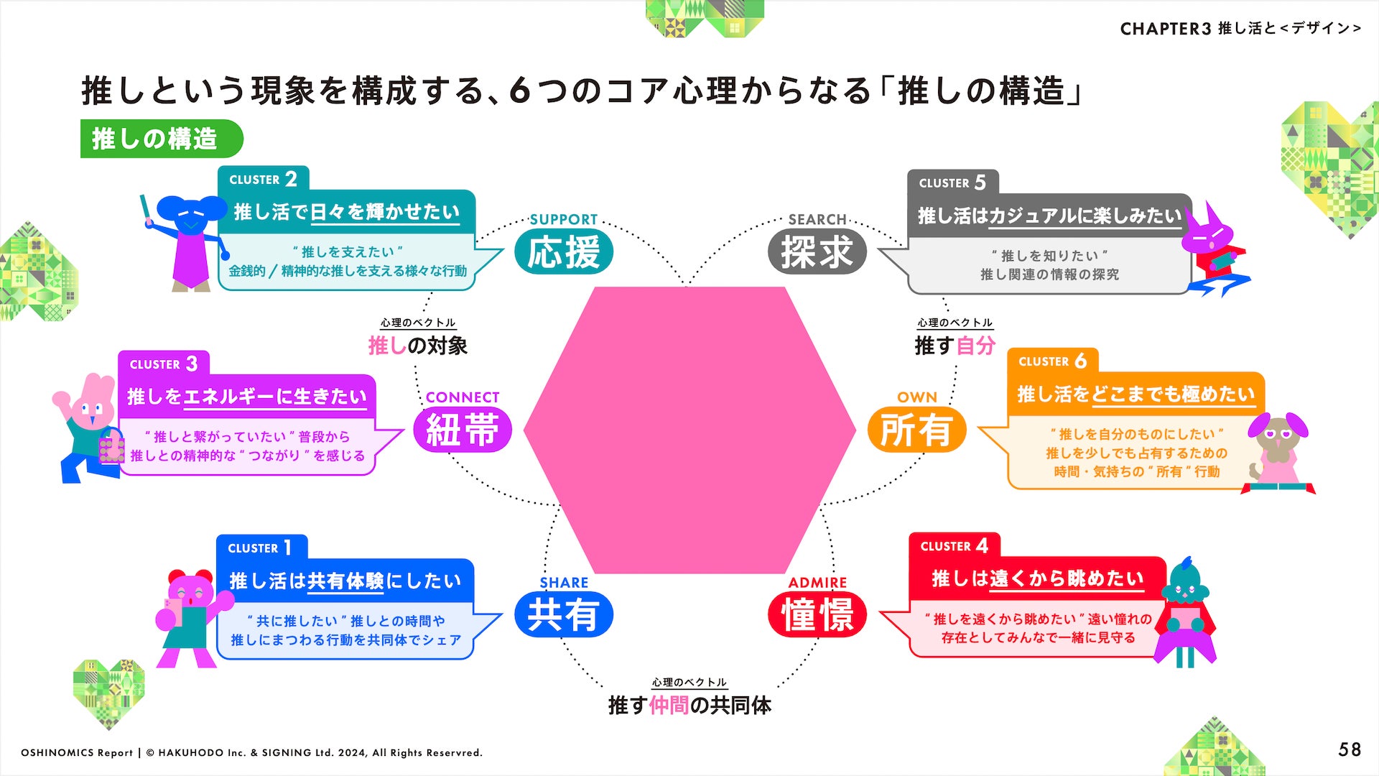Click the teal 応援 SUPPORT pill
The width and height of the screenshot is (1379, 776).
tap(564, 252)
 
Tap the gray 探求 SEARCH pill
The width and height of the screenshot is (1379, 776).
tap(817, 252)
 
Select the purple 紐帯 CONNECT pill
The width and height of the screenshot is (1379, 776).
tap(463, 430)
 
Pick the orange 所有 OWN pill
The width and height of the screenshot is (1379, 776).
tap(916, 430)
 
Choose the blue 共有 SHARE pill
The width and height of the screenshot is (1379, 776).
tap(564, 615)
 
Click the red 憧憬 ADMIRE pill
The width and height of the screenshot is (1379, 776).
tap(817, 615)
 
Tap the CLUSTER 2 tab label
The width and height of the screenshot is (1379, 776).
tap(263, 179)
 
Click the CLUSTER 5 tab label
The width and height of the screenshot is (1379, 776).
tap(952, 183)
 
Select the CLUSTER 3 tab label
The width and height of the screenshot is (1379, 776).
tap(163, 364)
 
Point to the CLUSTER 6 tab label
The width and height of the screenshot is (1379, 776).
tap(1052, 361)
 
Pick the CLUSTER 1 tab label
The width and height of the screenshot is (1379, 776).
tap(261, 548)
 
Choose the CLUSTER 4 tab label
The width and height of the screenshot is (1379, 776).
tap(955, 546)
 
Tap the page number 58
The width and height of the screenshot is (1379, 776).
tap(1350, 750)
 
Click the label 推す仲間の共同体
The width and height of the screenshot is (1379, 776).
tap(689, 706)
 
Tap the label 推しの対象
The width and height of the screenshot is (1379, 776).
tap(417, 346)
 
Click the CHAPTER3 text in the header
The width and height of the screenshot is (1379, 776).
tap(1165, 29)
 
